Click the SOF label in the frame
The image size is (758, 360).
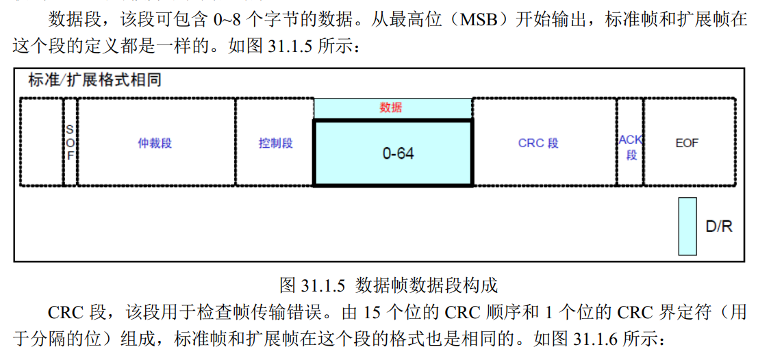point(70,142)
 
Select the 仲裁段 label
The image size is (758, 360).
point(155,143)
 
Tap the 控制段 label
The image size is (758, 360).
point(275,143)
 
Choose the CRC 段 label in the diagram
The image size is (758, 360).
point(538,143)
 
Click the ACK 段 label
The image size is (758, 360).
point(631,147)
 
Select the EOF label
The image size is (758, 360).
point(687,143)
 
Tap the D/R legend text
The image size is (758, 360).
point(719,227)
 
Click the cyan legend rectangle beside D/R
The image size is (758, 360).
point(687,226)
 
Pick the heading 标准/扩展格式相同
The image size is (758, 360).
point(94,81)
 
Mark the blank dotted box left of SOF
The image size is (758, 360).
point(41,142)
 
